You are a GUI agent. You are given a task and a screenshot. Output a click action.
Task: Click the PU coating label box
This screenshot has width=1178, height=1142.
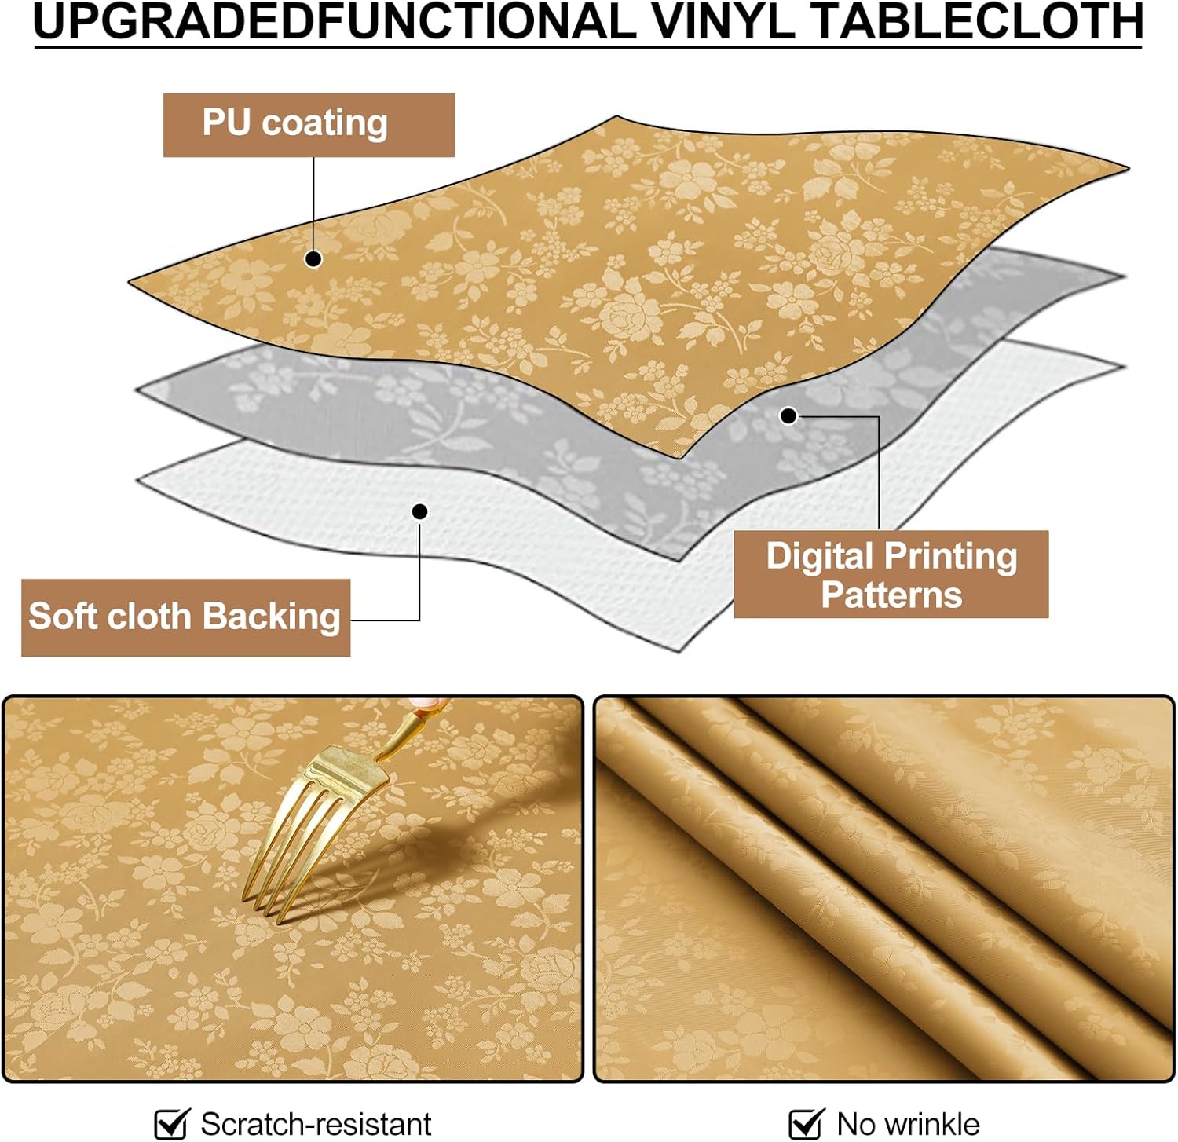(309, 124)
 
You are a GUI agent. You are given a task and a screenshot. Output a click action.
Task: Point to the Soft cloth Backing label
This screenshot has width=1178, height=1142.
(185, 617)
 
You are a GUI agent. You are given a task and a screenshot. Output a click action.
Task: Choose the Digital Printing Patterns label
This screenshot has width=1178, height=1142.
(891, 574)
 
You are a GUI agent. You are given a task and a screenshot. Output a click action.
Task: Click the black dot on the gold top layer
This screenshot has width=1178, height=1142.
(313, 258)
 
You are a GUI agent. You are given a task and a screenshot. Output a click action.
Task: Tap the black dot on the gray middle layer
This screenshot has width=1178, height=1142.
(788, 415)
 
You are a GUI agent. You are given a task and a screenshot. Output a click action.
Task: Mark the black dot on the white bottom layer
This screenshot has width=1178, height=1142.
(420, 512)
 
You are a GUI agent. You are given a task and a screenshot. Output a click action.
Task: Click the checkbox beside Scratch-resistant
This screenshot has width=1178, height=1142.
(171, 1123)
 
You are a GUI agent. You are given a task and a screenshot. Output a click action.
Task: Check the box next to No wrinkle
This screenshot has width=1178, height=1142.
(805, 1123)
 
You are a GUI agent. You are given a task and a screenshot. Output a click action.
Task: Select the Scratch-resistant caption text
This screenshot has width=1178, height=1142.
(316, 1124)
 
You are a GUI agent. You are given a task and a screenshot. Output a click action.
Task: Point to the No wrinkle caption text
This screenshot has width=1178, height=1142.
(908, 1124)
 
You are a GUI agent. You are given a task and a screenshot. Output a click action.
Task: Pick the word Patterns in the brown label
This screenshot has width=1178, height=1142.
(891, 595)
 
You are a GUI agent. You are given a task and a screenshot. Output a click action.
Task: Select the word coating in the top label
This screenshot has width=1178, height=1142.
(324, 123)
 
